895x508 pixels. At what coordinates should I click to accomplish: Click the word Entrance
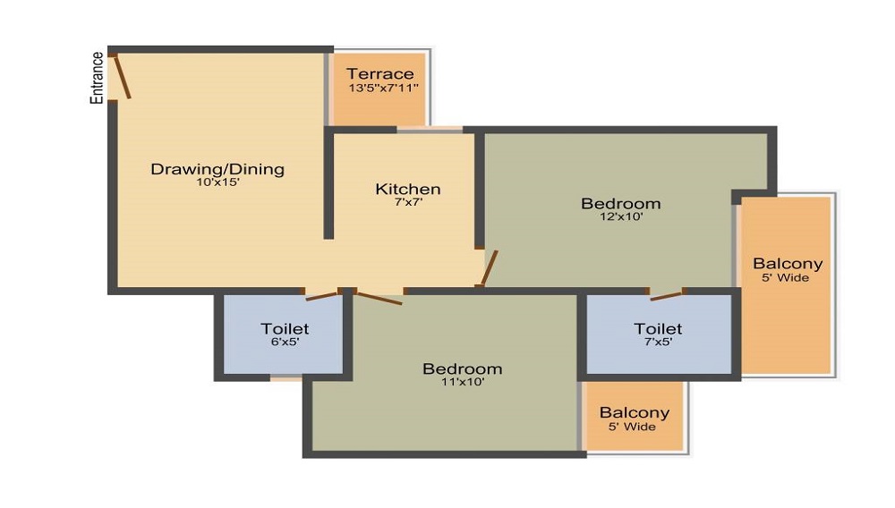97,78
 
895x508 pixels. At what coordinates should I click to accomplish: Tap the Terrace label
380,73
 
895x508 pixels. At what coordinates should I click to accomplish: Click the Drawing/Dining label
217,168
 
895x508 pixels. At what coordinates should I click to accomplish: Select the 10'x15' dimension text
217,182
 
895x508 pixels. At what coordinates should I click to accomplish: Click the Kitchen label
407,189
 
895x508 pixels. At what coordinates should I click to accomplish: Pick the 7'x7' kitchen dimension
407,202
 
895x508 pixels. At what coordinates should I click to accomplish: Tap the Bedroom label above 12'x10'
620,203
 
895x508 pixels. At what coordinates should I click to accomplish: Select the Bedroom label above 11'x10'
462,368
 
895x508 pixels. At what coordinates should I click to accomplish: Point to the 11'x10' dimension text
462,382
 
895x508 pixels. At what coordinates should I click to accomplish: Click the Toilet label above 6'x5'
285,329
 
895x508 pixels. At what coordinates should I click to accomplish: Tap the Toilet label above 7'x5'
658,329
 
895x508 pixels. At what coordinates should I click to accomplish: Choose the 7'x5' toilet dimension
658,342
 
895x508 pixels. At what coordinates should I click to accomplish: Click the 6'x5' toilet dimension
285,342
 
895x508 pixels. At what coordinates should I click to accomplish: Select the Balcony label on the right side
788,264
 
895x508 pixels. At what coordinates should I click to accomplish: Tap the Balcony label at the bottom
635,412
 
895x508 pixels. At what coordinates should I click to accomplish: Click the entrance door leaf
123,77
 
